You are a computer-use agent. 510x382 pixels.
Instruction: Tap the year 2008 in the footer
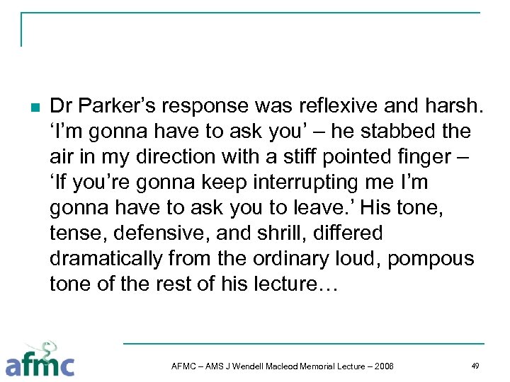point(382,366)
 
